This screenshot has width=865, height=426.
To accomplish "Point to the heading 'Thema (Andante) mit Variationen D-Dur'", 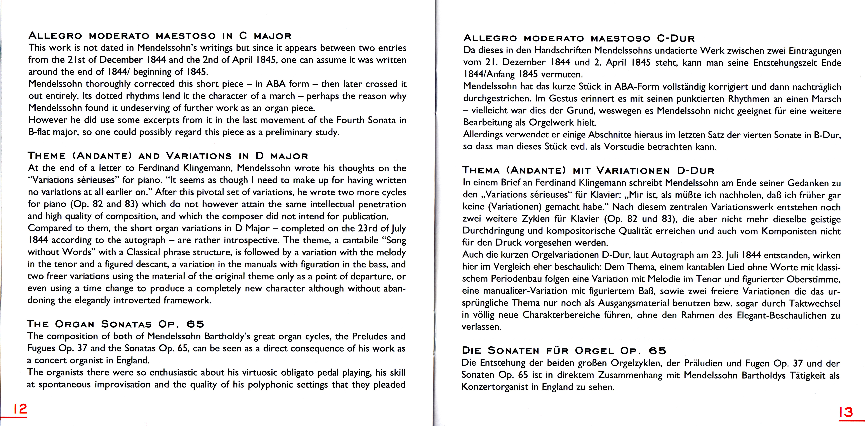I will pyautogui.click(x=588, y=171).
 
